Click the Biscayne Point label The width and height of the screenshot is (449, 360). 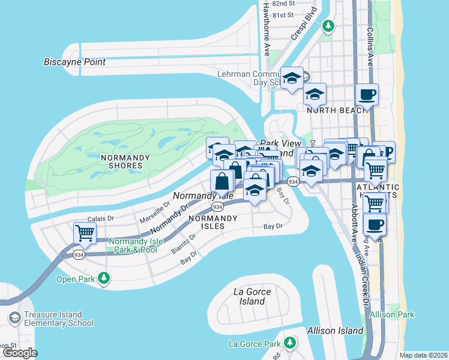pyautogui.click(x=74, y=62)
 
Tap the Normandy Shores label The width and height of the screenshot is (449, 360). pyautogui.click(x=122, y=161)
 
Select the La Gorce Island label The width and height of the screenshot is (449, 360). pyautogui.click(x=252, y=296)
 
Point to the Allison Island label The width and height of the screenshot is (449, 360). pyautogui.click(x=335, y=331)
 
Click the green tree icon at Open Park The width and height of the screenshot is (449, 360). pyautogui.click(x=105, y=278)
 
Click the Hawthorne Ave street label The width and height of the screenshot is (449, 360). pyautogui.click(x=267, y=28)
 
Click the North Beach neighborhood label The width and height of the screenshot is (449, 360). pyautogui.click(x=329, y=110)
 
